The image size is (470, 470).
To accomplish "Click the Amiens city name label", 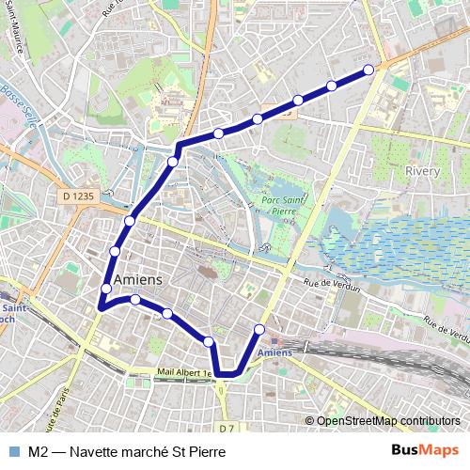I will pyautogui.click(x=136, y=280).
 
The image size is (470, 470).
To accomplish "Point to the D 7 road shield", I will pyautogui.click(x=225, y=429).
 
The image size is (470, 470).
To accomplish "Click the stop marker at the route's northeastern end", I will pyautogui.click(x=368, y=70).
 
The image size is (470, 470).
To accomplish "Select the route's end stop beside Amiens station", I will pyautogui.click(x=260, y=330).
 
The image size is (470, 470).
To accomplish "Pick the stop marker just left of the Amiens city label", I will pyautogui.click(x=105, y=289).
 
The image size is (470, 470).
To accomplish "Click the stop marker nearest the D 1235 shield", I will pyautogui.click(x=130, y=221).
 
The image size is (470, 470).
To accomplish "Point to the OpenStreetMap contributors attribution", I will pyautogui.click(x=388, y=420).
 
